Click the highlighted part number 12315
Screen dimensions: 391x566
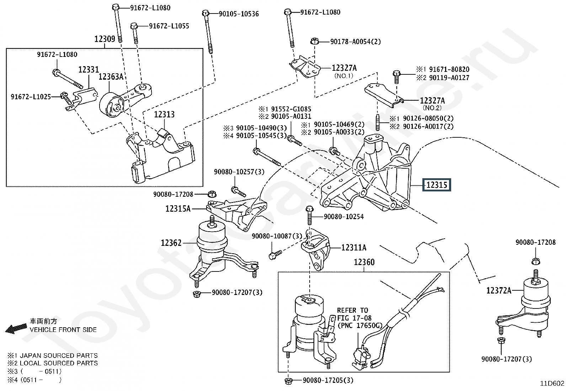(x=436, y=185)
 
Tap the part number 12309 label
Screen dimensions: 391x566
(x=105, y=39)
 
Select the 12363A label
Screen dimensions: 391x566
(x=111, y=77)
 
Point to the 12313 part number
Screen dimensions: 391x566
(x=164, y=115)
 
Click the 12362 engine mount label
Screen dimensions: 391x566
(x=171, y=243)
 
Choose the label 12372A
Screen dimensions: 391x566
(x=498, y=291)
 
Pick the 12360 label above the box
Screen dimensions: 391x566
(x=364, y=263)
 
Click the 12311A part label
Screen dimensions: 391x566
(x=353, y=248)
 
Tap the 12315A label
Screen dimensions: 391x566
(x=178, y=209)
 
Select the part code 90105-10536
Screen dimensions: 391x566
(x=239, y=14)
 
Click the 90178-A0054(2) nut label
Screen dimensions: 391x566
(x=355, y=42)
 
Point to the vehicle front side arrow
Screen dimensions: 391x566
(x=16, y=329)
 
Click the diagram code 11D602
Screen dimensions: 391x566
(x=552, y=383)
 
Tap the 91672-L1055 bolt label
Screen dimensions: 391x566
(x=169, y=26)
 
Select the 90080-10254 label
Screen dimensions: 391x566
(x=343, y=217)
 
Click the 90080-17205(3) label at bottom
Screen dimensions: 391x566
(x=328, y=380)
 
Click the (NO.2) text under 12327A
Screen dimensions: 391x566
(x=432, y=108)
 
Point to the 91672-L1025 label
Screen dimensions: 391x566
(x=31, y=97)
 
